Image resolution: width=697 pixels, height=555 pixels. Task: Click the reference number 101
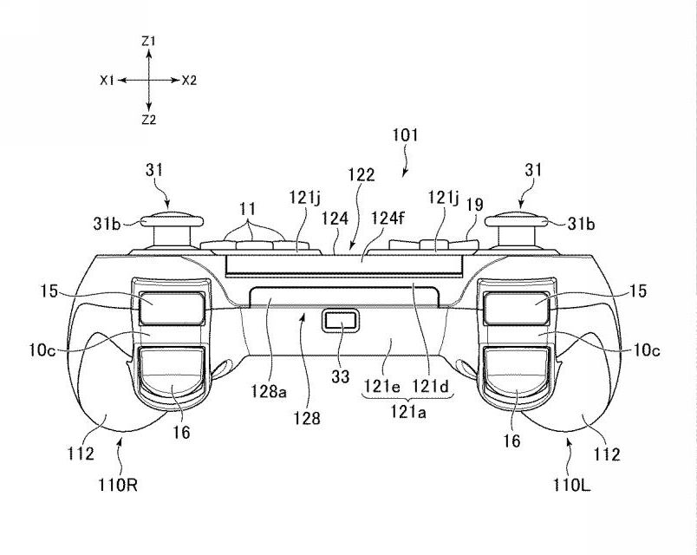point(405,135)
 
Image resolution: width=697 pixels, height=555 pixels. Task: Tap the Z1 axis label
point(148,42)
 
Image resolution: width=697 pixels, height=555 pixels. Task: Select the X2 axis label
point(189,81)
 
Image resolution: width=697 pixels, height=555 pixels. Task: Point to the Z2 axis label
point(149,120)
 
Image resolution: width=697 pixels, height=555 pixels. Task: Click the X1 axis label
point(107,81)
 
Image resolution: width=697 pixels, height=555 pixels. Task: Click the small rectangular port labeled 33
point(340,321)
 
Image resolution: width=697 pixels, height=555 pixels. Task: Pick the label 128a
point(269,391)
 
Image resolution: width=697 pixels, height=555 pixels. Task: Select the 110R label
point(118,484)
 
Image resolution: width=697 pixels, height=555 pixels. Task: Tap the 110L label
point(572,484)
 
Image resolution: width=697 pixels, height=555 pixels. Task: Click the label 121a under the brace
point(408,413)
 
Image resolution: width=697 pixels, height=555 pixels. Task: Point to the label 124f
point(388,219)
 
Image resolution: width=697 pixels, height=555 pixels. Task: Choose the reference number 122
point(362,174)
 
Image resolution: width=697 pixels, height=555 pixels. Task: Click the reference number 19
point(475,205)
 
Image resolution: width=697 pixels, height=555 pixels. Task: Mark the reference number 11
point(248,208)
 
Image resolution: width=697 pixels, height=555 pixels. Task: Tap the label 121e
point(382,386)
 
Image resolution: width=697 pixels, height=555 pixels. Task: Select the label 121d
point(431,386)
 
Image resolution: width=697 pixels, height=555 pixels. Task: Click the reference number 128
point(306,418)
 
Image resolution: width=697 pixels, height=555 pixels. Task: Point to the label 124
point(335,219)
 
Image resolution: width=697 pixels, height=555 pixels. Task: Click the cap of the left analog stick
point(172,219)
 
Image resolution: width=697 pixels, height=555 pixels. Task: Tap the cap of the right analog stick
point(517,219)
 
